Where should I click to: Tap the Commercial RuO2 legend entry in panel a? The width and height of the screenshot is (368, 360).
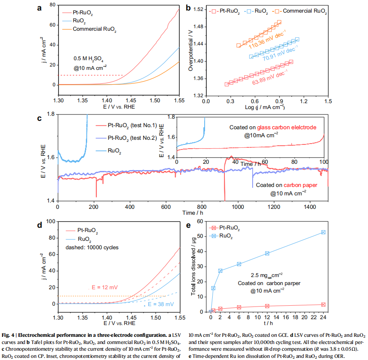point(94,29)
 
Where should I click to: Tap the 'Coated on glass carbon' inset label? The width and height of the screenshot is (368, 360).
point(272,127)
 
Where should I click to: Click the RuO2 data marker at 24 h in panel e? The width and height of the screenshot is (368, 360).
point(323,232)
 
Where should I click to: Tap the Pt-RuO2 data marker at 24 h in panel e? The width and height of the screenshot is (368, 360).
point(323,304)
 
